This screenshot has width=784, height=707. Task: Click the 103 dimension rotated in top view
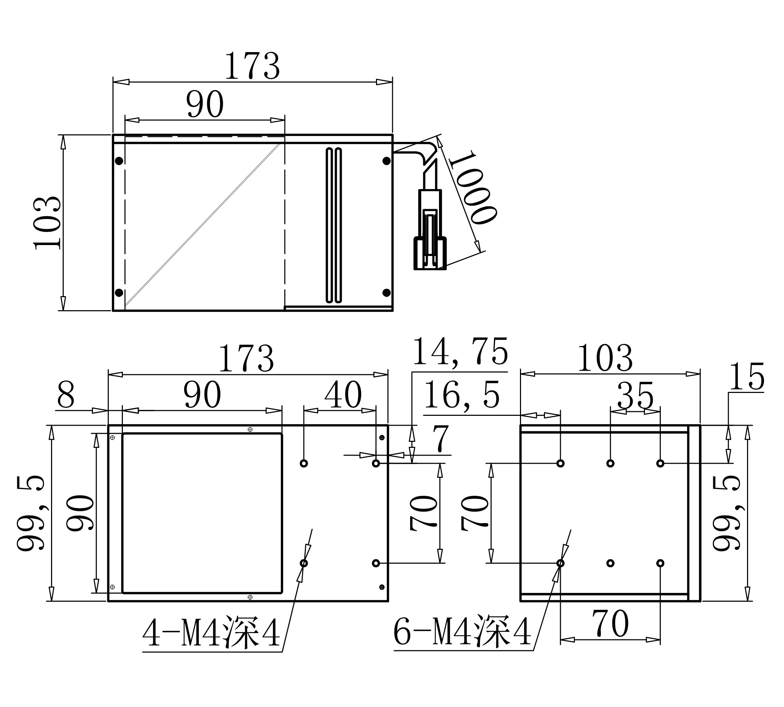tap(48, 223)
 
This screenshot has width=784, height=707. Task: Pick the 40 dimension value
tap(343, 395)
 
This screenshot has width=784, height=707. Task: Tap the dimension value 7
tap(441, 439)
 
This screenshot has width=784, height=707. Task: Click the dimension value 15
tap(747, 376)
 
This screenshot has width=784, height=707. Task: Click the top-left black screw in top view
tap(119, 161)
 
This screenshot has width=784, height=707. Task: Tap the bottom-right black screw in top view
tap(387, 293)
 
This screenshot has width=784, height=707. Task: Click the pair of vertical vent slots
tap(333, 225)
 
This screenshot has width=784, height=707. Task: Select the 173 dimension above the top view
tap(252, 66)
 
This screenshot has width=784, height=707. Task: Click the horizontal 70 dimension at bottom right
tap(610, 624)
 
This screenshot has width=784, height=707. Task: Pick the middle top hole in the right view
tap(610, 463)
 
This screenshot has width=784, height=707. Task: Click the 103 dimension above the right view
tap(605, 358)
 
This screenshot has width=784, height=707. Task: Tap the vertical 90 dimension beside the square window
tap(80, 513)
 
